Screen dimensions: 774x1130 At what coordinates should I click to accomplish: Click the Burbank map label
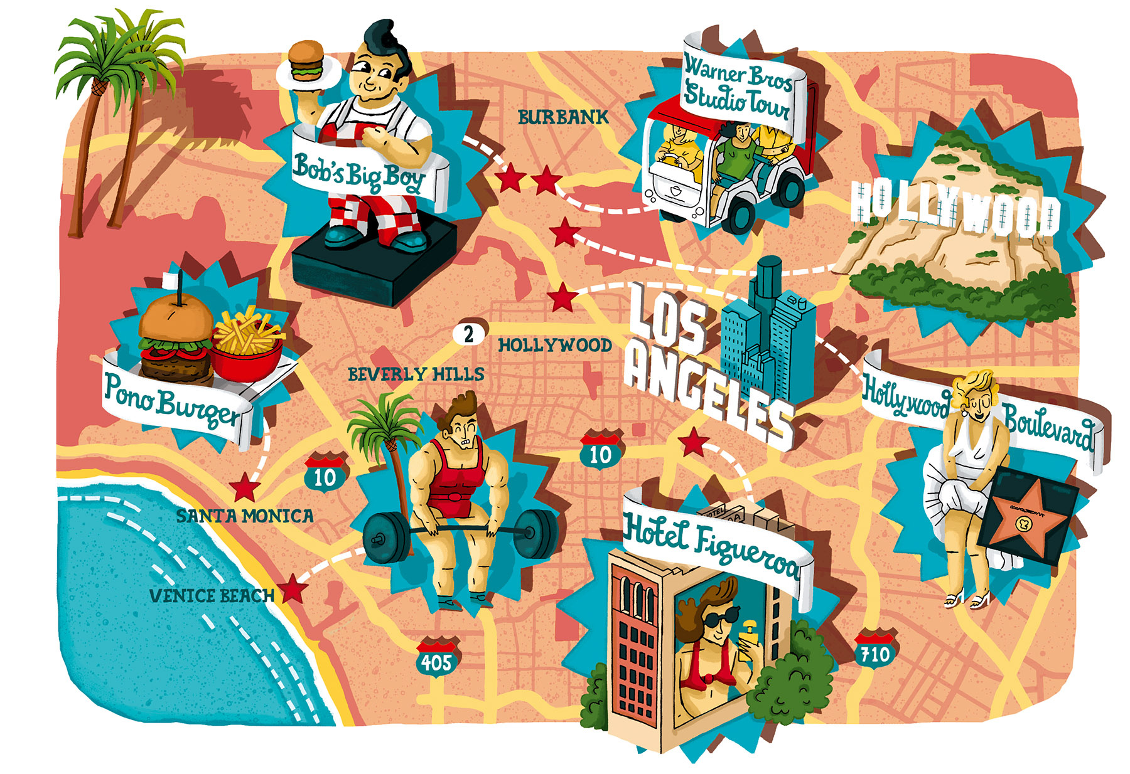(x=563, y=117)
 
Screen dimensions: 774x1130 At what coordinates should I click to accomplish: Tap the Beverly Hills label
(x=416, y=374)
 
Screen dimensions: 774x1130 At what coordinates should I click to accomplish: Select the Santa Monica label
(x=245, y=516)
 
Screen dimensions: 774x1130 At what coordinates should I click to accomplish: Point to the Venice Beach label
(x=212, y=595)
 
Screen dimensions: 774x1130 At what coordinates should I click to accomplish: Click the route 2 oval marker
(x=469, y=334)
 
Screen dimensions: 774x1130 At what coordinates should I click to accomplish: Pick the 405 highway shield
(x=436, y=660)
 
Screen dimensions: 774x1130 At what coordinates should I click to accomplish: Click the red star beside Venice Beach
(x=293, y=590)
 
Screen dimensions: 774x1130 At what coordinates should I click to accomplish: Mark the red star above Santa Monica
(x=245, y=487)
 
